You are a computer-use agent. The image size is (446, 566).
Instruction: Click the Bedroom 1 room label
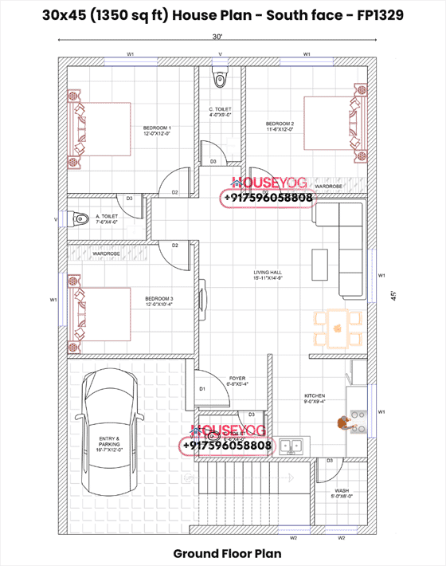click(157, 131)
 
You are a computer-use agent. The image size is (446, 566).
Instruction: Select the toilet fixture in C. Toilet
click(220, 78)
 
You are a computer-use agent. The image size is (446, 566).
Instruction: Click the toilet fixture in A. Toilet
click(78, 218)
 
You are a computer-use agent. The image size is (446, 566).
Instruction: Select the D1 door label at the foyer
click(202, 389)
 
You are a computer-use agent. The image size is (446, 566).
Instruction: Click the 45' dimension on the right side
click(391, 294)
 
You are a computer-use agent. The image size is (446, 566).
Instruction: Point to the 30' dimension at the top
click(217, 37)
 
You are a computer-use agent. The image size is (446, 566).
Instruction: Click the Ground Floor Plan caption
click(222, 552)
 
